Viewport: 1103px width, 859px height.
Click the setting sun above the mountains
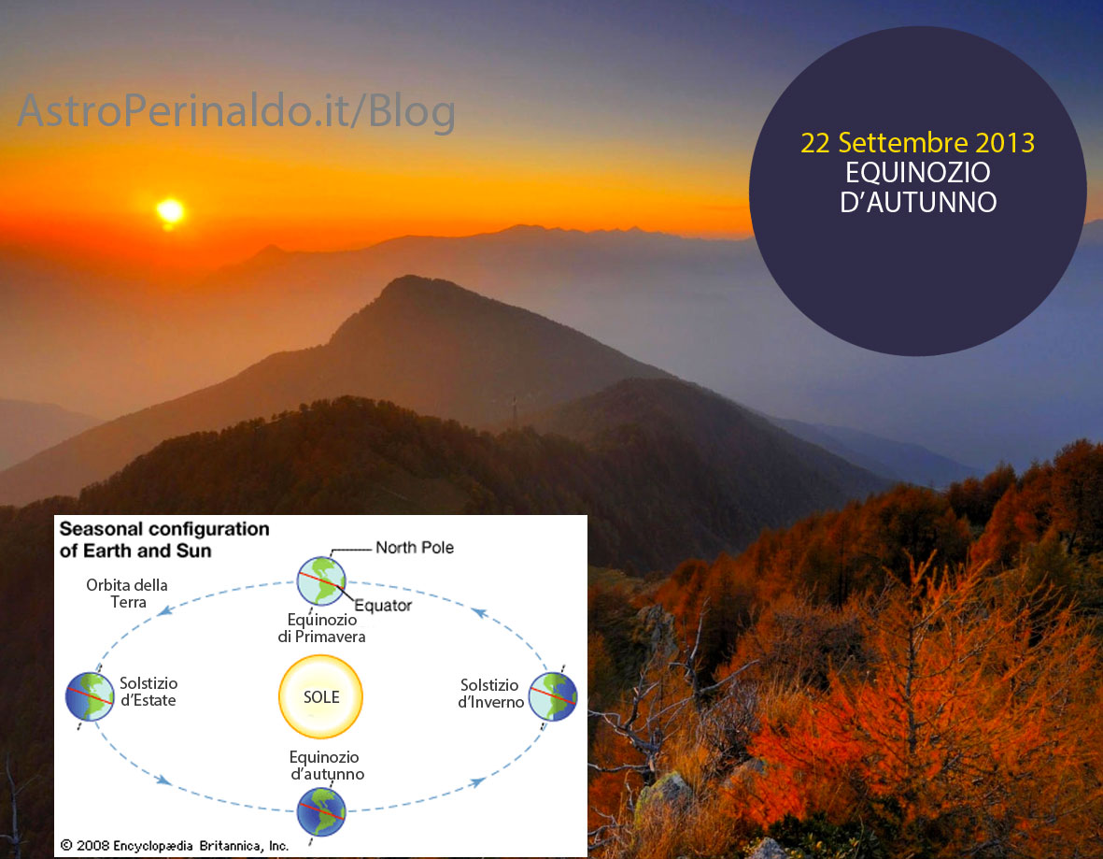[x=170, y=210]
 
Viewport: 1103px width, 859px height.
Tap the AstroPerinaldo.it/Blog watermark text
[x=236, y=110]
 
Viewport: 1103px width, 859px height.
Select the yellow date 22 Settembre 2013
[x=917, y=143]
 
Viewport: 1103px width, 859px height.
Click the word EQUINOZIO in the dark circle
[x=917, y=173]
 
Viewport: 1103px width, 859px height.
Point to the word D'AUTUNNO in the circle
[x=918, y=202]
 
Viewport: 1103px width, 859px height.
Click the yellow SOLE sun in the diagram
[x=320, y=696]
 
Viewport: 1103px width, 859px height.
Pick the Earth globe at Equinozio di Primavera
[x=321, y=581]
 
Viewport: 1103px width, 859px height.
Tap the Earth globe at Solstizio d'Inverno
[x=553, y=697]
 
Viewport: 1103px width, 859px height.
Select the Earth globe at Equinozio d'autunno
[x=321, y=812]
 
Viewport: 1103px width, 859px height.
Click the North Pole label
[x=415, y=548]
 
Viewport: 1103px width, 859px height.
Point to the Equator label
[x=383, y=606]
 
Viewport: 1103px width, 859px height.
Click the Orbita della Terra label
[x=127, y=594]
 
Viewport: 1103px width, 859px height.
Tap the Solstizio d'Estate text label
[x=148, y=692]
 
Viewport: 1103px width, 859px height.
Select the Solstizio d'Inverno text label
[x=491, y=694]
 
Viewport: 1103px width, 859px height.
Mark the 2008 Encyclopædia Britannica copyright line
[x=175, y=846]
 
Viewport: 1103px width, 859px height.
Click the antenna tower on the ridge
[x=515, y=412]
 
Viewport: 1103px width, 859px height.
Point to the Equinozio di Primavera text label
[x=321, y=628]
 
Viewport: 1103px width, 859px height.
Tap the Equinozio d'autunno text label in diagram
[x=326, y=766]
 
